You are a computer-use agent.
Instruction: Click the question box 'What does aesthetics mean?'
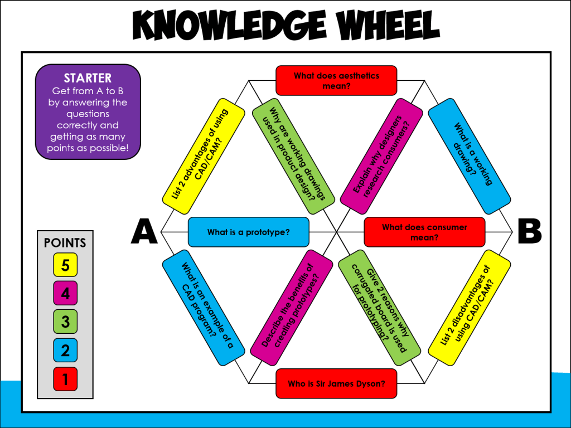(336, 80)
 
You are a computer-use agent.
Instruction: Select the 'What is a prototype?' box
(248, 232)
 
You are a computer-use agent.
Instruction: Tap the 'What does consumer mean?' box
(424, 232)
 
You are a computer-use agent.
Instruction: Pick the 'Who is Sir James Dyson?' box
(336, 383)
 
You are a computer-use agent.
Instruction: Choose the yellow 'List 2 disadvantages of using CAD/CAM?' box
(468, 308)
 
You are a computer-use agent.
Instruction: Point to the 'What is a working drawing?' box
(469, 156)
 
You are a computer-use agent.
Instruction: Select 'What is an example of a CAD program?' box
(204, 308)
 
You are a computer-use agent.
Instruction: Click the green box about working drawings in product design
(292, 155)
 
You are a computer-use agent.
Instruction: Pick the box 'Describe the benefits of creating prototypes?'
(292, 307)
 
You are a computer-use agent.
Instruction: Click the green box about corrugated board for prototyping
(380, 307)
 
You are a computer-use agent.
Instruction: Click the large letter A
(144, 232)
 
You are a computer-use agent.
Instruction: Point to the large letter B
(529, 232)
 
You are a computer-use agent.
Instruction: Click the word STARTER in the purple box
(88, 79)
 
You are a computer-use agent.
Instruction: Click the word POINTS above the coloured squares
(65, 243)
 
